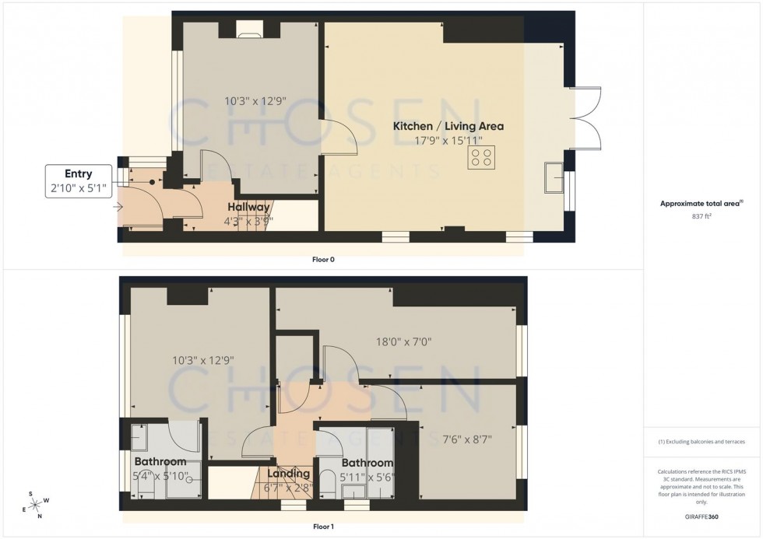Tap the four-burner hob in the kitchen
[480, 158]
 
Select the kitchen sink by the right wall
[557, 177]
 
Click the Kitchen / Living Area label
[448, 126]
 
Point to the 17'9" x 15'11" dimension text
[448, 141]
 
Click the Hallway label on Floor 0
[248, 207]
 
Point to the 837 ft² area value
[701, 217]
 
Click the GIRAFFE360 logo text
[701, 516]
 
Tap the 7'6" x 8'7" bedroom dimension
[466, 439]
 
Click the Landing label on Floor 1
[289, 474]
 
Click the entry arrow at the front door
[118, 207]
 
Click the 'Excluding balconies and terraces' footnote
[701, 442]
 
